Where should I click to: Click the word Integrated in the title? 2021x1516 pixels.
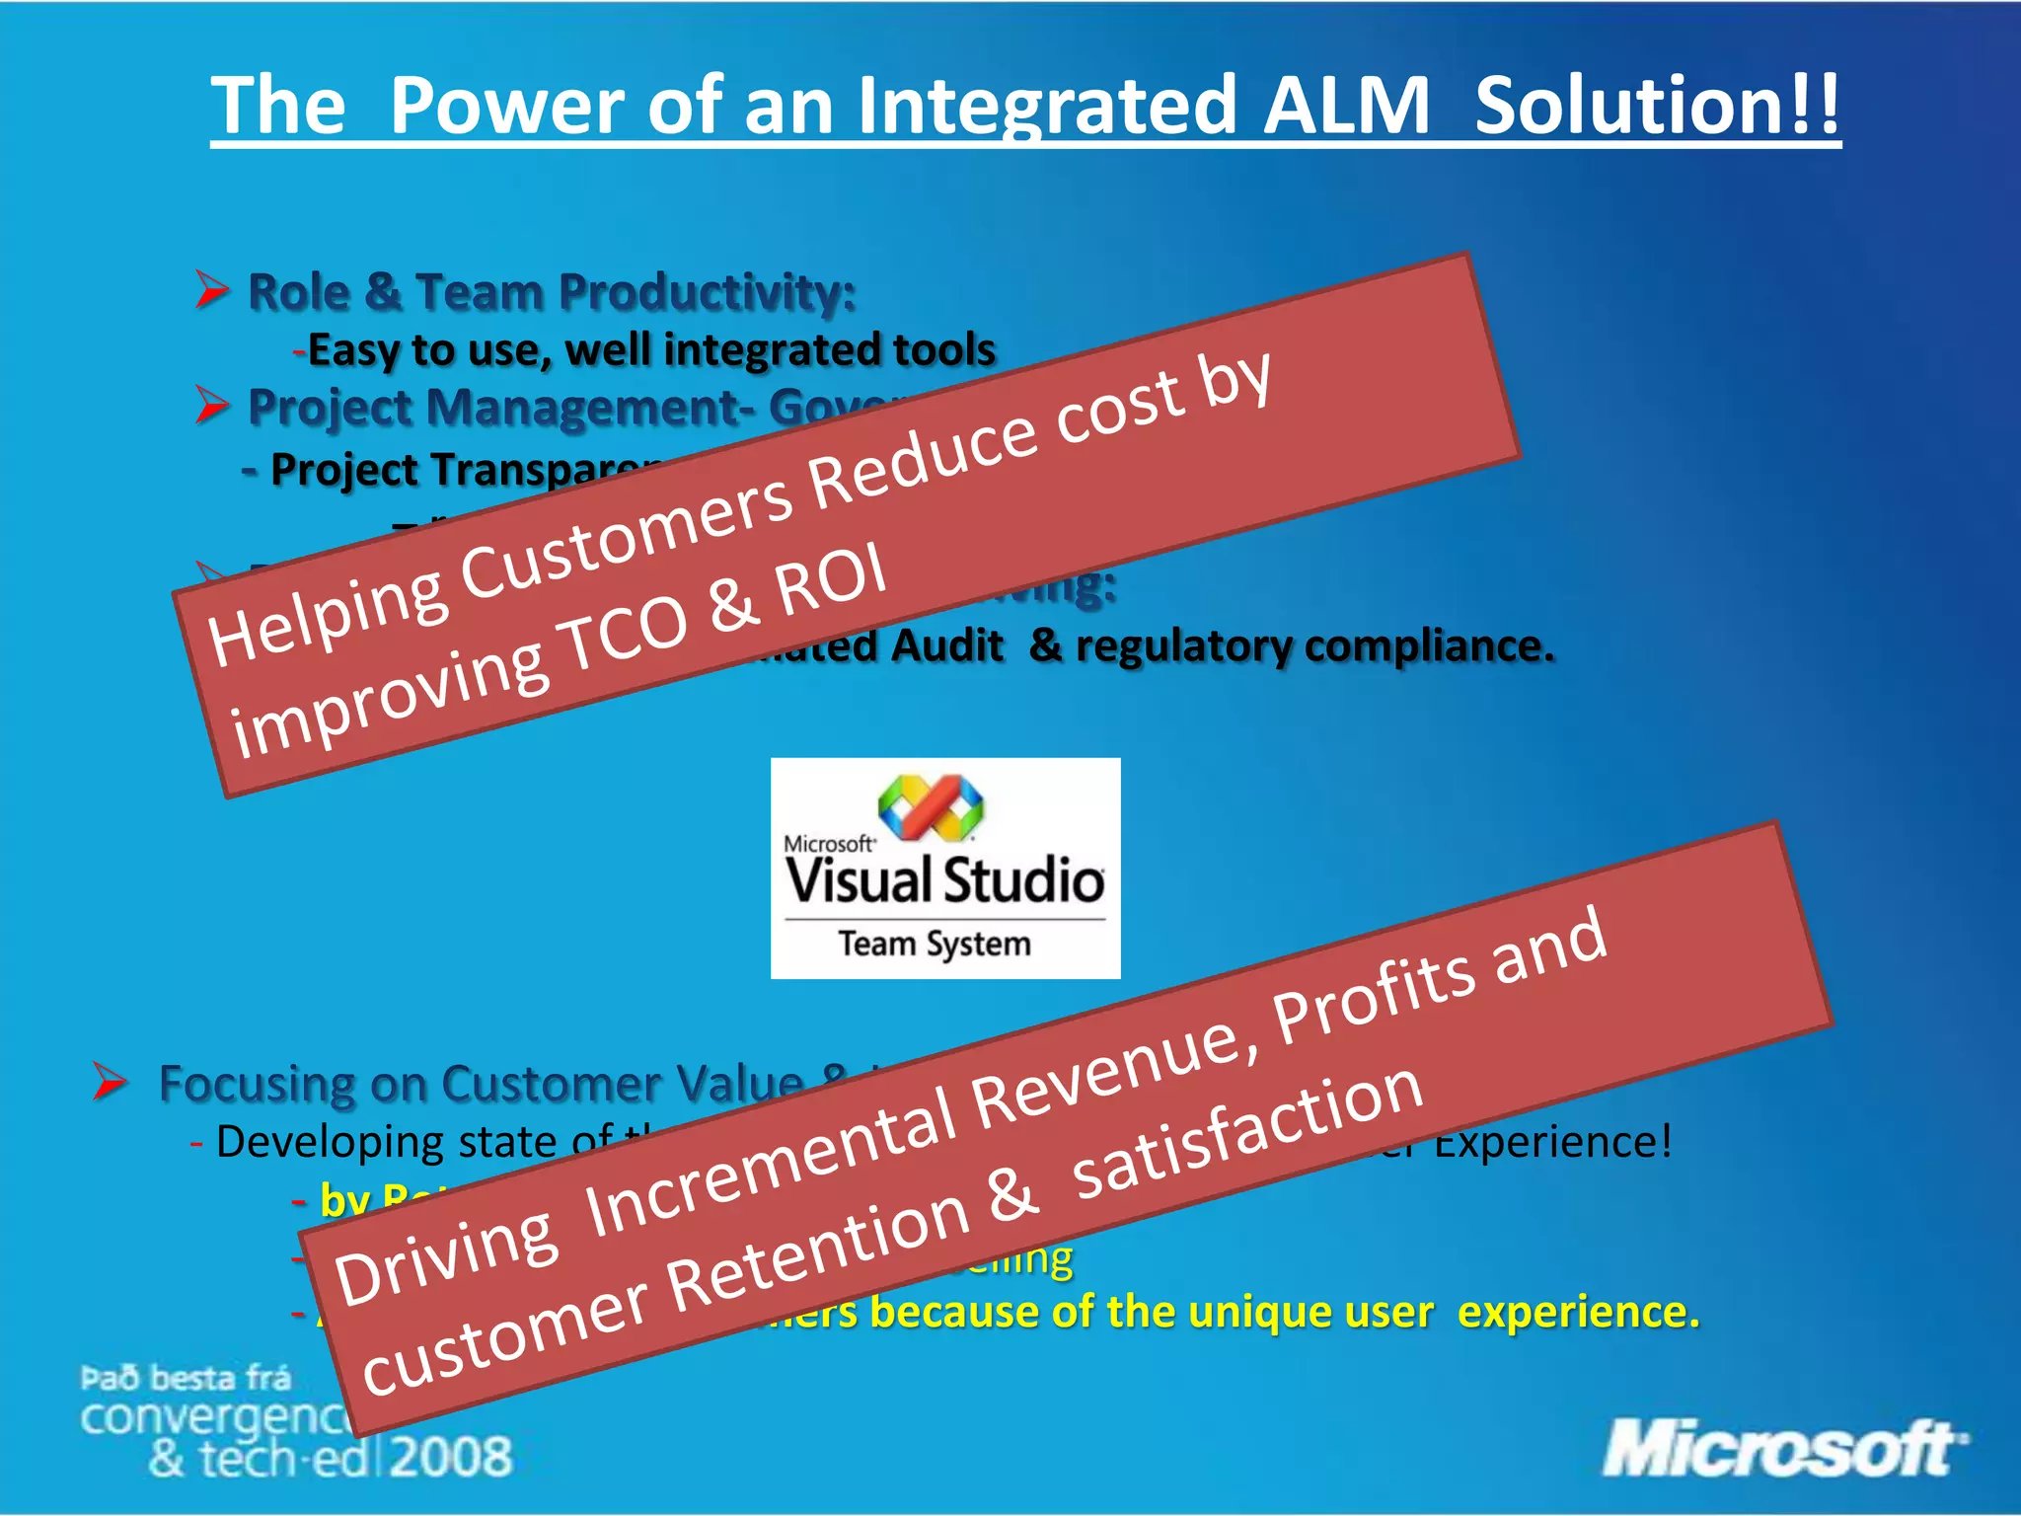1046,107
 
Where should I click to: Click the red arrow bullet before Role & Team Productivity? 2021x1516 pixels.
211,290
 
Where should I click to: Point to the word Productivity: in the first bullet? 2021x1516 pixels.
707,292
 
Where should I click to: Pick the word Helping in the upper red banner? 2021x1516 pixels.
326,618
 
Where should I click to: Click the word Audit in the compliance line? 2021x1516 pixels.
946,646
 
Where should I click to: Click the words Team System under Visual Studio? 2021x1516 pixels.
934,945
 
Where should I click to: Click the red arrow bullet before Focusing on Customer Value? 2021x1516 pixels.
110,1082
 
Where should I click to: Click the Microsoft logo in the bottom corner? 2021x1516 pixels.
1782,1449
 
